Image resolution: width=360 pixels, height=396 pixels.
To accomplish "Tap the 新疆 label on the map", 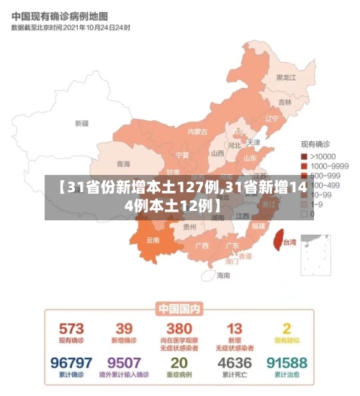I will coord(81,123).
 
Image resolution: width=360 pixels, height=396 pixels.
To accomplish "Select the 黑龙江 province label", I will coord(287,77).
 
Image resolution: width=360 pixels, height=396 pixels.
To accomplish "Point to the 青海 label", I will coord(124,163).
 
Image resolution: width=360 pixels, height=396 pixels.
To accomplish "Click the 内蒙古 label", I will coord(197,132).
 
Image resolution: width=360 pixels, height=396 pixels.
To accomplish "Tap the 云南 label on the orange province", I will coord(153,239).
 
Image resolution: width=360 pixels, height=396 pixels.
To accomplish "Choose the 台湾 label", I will coord(288,242).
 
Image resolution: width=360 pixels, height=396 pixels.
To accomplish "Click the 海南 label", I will coord(223,274).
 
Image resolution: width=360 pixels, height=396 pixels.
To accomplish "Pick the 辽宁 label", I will coord(271,118).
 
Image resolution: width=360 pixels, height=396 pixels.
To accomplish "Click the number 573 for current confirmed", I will coord(71,328).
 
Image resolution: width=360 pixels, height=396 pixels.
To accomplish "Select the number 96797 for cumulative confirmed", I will coord(71,362).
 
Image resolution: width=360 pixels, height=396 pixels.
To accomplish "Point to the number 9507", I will coord(124,362).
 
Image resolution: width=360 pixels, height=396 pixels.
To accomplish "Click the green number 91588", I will coord(287,362).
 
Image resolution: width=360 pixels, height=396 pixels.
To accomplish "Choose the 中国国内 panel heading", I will coord(179,309).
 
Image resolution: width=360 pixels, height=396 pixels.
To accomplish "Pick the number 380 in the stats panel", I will coord(179,328).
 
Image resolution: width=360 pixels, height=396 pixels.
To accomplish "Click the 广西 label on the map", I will coord(202,246).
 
